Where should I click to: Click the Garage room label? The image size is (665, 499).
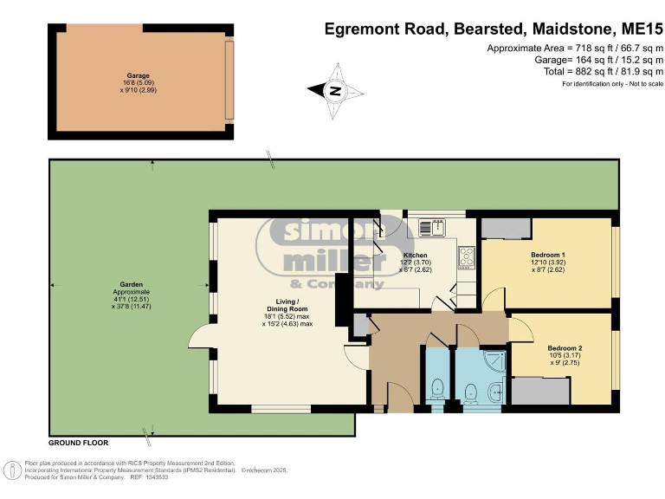[x=139, y=76]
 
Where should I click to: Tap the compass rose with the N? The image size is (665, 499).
[x=335, y=91]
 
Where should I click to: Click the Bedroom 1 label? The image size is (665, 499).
[x=548, y=255]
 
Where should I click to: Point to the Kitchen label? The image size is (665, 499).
[x=416, y=255]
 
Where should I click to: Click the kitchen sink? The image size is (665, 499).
[x=432, y=228]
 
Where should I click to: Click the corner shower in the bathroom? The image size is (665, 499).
[x=494, y=361]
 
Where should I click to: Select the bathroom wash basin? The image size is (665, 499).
[x=495, y=392]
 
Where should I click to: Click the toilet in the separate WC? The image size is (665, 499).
[x=436, y=391]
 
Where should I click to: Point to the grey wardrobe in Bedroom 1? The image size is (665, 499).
[x=506, y=229]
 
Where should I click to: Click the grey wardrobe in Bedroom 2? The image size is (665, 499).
[x=540, y=392]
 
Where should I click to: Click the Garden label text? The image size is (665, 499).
[x=131, y=284]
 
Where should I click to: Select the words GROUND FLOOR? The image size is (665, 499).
[x=79, y=443]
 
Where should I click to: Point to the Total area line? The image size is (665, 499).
[x=604, y=71]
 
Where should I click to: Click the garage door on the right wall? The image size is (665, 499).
[x=229, y=81]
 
